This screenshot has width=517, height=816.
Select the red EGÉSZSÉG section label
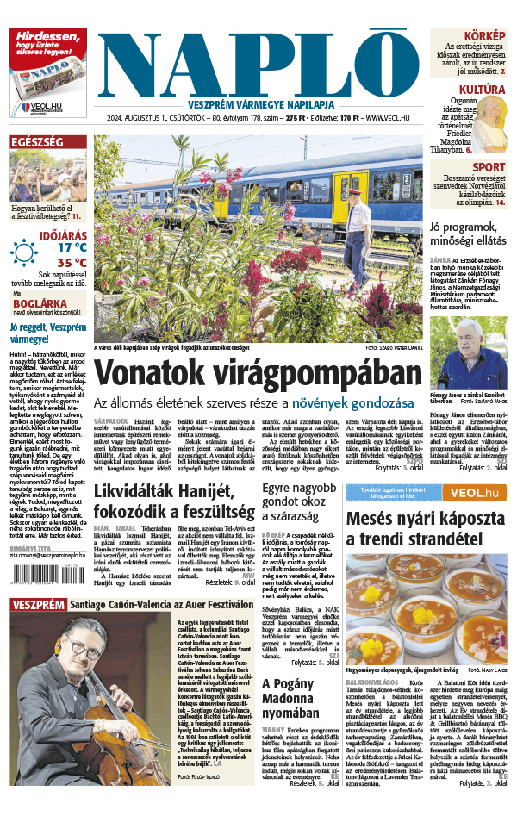[37, 142]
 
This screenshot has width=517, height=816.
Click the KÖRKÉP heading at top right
[484, 35]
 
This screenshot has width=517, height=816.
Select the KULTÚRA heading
[482, 90]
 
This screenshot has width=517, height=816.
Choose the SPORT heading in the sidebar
[489, 167]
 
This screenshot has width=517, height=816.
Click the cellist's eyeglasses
[87, 652]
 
